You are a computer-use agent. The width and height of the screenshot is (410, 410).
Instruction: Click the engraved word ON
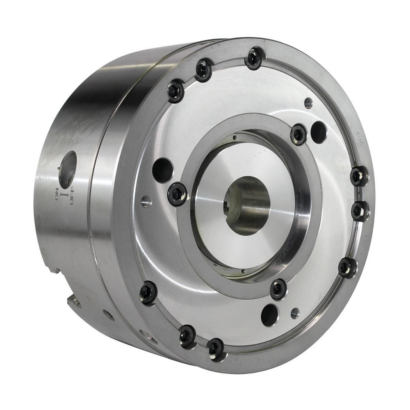57,193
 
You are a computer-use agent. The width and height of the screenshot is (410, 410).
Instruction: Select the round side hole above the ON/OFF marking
68,169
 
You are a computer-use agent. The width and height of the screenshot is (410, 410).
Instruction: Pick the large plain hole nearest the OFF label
163,169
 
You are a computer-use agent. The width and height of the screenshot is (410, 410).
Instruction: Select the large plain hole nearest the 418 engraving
319,132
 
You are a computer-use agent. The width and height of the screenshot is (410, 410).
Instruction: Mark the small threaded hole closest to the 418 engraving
308,103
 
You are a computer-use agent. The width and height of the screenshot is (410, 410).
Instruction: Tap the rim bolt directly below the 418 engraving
359,176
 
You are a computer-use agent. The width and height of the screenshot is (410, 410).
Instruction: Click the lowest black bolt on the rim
216,349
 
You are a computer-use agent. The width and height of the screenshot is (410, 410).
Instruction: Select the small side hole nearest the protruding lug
109,315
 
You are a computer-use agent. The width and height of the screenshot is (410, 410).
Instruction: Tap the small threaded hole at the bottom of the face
294,313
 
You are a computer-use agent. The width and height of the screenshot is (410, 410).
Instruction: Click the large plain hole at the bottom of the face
270,314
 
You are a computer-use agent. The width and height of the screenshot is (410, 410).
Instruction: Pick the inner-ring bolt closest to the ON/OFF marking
178,194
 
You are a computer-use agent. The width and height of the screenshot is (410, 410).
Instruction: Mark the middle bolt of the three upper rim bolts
203,70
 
